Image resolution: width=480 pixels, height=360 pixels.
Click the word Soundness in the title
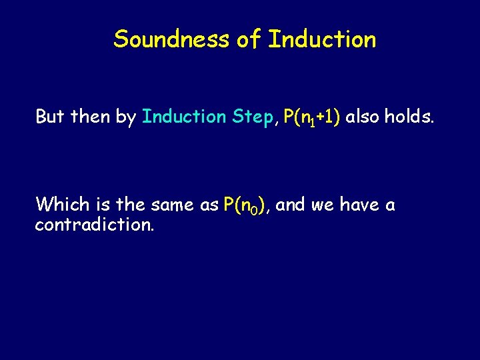[171, 39]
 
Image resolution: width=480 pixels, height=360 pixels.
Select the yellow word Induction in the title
[322, 39]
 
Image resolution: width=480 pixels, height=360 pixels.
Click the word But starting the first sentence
[50, 117]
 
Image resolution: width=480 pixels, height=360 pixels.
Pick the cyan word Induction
[185, 117]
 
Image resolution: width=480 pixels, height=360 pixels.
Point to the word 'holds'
[409, 117]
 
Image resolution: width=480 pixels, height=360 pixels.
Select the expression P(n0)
[247, 205]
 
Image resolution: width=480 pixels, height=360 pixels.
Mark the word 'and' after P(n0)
[290, 205]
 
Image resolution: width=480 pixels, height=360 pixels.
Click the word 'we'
[323, 205]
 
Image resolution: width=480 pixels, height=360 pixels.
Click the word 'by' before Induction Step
[126, 118]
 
